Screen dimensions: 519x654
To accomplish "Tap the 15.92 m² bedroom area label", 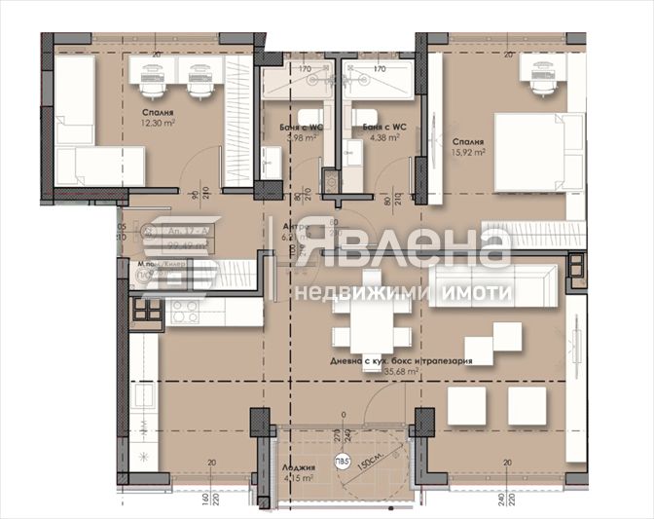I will click(x=467, y=152).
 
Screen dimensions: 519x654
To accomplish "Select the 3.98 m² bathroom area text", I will click(x=303, y=138).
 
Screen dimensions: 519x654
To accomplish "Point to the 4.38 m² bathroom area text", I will click(x=378, y=138).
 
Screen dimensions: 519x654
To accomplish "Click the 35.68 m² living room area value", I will click(x=413, y=371).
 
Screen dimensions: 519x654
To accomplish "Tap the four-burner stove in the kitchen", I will click(x=147, y=311).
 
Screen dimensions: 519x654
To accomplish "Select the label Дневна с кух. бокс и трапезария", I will click(x=413, y=359).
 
